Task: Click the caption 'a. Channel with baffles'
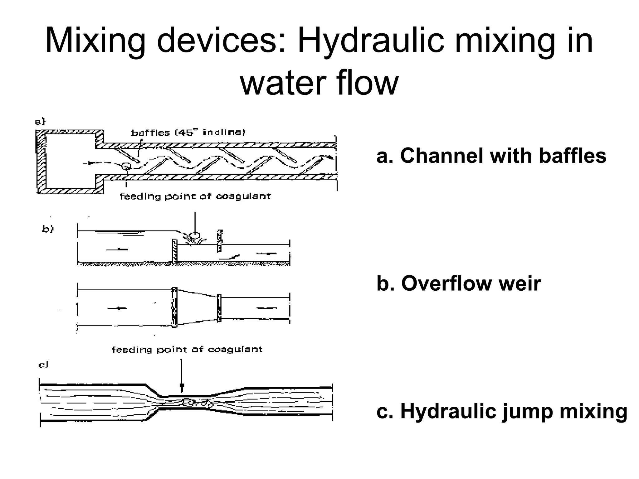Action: point(491,156)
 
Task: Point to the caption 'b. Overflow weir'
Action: point(459,283)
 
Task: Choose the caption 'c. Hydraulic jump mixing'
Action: point(502,411)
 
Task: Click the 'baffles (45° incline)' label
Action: point(188,133)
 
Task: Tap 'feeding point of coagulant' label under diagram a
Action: point(195,196)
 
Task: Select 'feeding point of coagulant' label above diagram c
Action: point(187,350)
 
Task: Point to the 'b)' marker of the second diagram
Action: point(48,229)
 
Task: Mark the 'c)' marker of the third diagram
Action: point(43,365)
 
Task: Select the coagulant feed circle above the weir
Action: point(195,235)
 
